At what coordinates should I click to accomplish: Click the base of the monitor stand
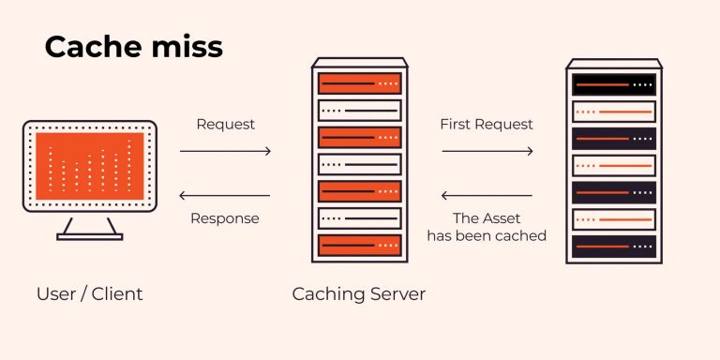90,236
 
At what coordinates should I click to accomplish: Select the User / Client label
90,294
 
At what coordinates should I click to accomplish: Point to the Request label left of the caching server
225,124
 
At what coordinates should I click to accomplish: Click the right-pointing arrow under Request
225,151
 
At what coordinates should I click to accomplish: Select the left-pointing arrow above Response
225,196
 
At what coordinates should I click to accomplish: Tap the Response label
225,218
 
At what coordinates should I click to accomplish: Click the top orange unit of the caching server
360,83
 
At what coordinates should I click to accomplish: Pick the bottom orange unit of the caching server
360,246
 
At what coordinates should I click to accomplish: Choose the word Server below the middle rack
394,294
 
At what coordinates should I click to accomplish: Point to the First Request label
487,124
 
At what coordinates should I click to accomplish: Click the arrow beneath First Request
487,151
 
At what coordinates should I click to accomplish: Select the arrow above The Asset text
487,196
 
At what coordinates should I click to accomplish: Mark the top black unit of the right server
615,84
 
